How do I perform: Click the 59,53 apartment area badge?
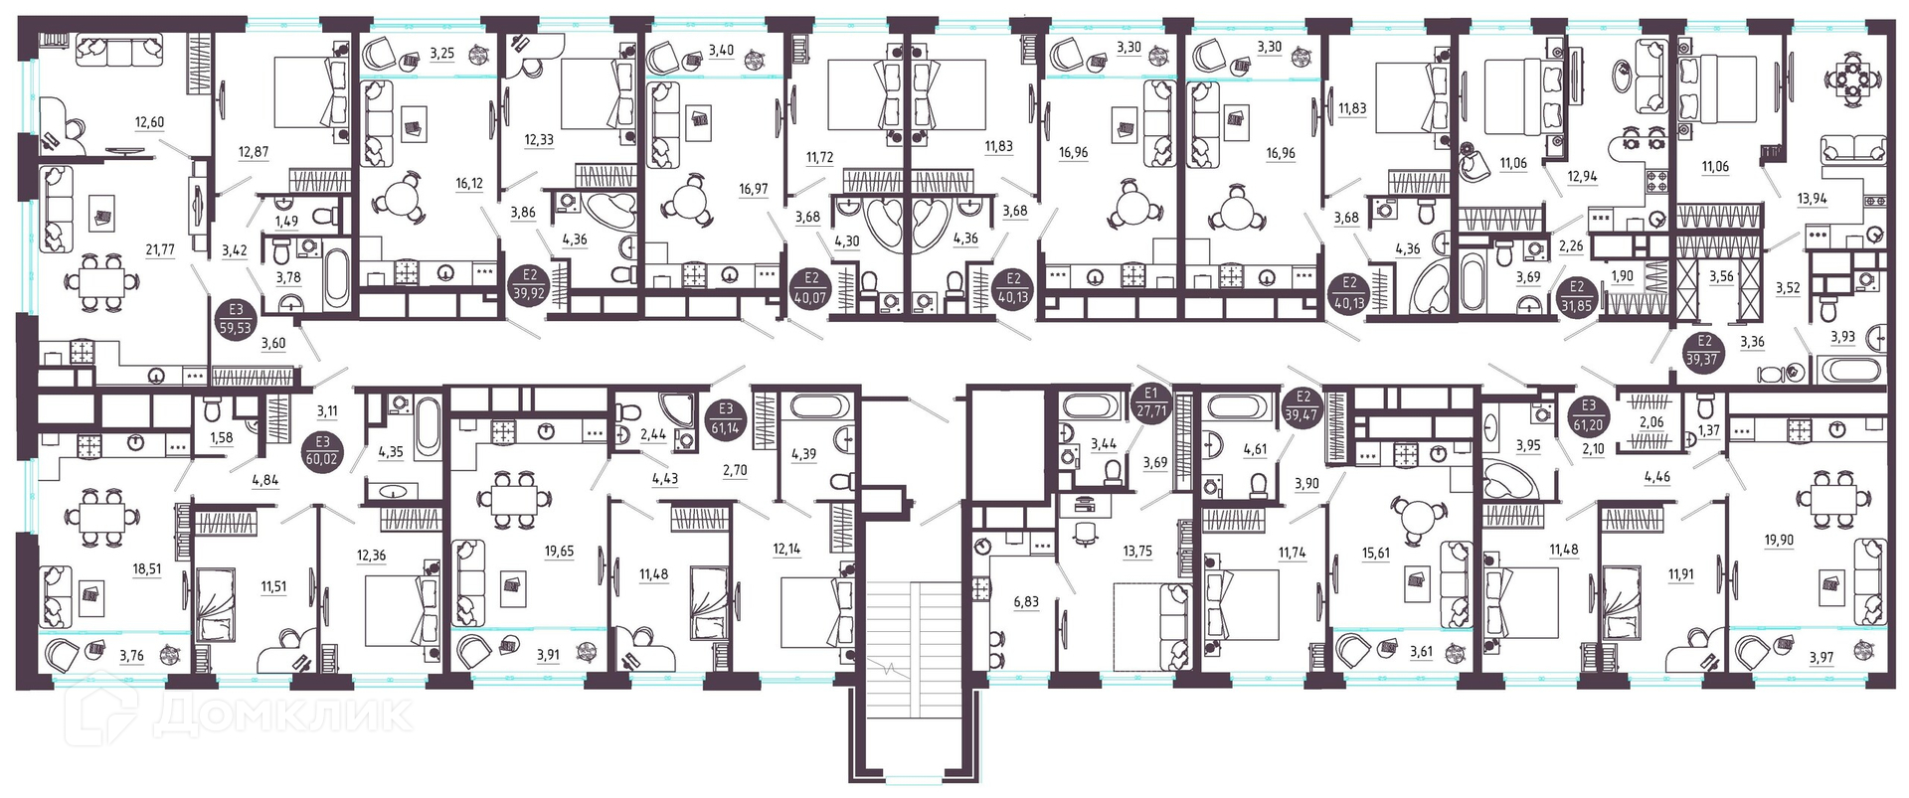(236, 319)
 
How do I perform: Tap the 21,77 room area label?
(160, 250)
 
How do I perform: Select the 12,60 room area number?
(149, 122)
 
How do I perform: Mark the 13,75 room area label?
(1137, 552)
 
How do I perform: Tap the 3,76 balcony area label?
(131, 655)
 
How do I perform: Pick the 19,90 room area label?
(1780, 540)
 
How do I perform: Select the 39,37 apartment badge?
(1704, 351)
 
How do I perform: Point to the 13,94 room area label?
(1812, 198)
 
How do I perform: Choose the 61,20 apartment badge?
(1589, 415)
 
